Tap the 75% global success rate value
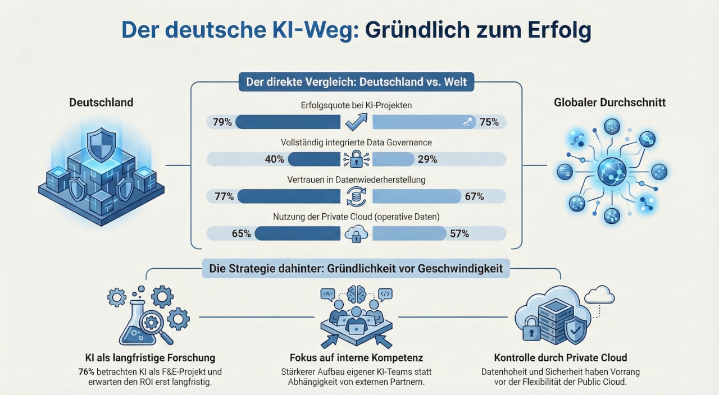point(489,122)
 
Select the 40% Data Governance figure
point(274,159)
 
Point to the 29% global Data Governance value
point(427,159)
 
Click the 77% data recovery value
point(224,196)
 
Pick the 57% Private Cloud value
point(459,233)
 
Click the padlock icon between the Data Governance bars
point(356,159)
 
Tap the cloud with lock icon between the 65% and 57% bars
point(356,233)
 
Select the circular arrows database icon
point(356,196)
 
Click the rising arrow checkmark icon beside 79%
point(356,121)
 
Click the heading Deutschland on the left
point(101,102)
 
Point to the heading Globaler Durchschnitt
point(609,102)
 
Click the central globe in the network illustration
point(611,171)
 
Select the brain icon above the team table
point(356,294)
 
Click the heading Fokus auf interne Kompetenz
point(356,357)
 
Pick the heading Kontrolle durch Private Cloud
point(560,357)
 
